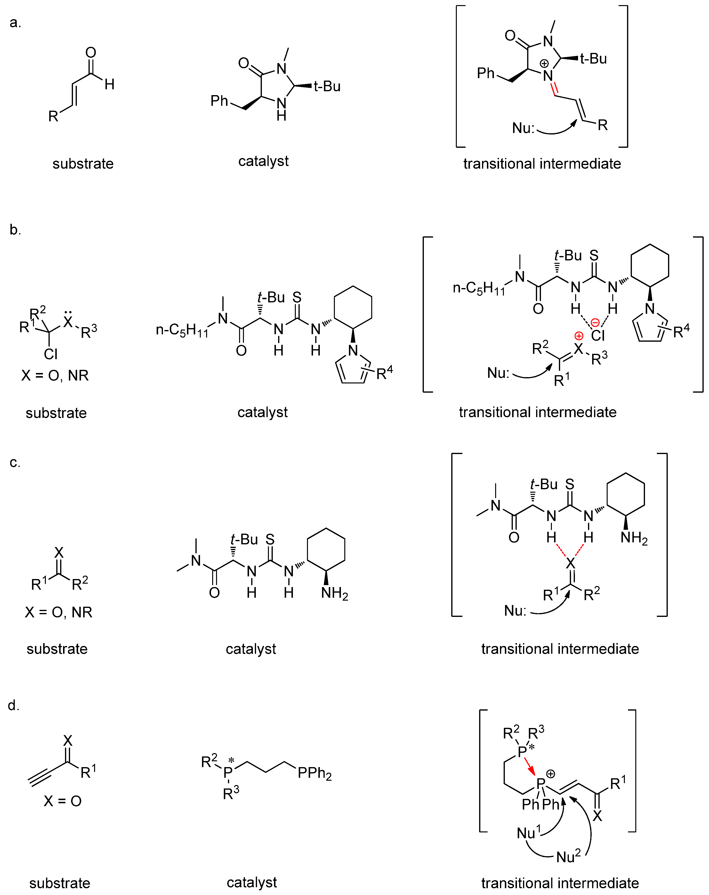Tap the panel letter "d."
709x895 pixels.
click(x=14, y=705)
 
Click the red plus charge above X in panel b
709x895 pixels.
click(x=579, y=335)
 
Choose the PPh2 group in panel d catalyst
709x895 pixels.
click(x=314, y=773)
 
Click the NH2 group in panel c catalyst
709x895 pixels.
click(x=334, y=593)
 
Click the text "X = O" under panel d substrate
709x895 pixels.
click(x=63, y=801)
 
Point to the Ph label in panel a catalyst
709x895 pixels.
click(x=219, y=100)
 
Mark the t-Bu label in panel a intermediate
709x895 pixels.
click(x=593, y=58)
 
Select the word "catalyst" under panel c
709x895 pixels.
click(x=250, y=649)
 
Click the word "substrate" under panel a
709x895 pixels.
click(x=83, y=164)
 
